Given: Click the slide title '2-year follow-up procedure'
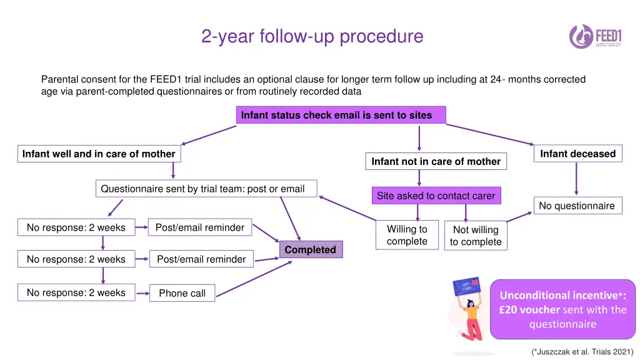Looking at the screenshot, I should coord(312,36).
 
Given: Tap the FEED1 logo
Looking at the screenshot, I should coord(595,36).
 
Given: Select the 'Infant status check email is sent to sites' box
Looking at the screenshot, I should coord(341,115).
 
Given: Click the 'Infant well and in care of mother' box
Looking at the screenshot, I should coord(99,154).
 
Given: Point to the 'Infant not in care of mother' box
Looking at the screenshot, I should coord(436,161).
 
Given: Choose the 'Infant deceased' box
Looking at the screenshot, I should coord(577,154).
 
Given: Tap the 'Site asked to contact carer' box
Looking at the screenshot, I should coord(436,196).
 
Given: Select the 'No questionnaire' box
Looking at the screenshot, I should coord(577,206).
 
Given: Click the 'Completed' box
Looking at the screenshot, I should coord(311,250).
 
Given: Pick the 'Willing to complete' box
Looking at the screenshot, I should coord(407,235).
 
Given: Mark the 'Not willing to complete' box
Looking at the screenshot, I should coord(476,236).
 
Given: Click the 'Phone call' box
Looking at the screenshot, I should coord(182,293).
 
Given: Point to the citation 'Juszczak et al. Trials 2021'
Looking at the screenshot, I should coord(582,351).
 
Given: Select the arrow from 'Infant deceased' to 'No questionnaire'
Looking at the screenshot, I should coord(576,179).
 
